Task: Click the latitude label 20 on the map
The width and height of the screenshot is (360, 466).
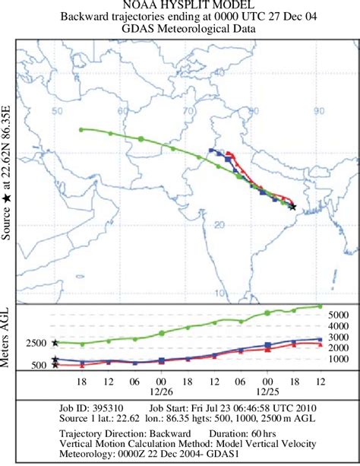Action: click(220, 224)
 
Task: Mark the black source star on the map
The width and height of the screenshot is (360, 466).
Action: click(292, 207)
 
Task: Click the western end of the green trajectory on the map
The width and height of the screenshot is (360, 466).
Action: click(81, 129)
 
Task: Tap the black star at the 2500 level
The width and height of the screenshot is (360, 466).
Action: click(55, 343)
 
